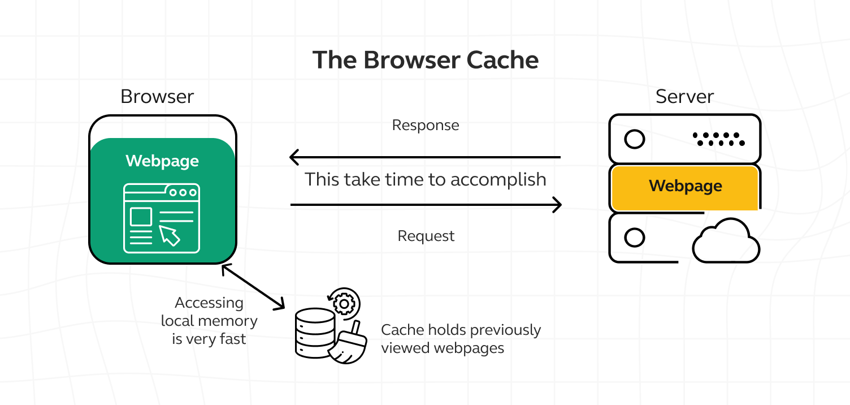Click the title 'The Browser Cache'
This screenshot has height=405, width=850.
click(x=425, y=60)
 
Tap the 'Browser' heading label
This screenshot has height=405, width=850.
click(x=157, y=96)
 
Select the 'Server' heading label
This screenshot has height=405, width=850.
click(x=684, y=96)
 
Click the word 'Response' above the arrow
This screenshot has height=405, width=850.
click(x=426, y=125)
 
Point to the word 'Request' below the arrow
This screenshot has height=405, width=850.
click(x=426, y=236)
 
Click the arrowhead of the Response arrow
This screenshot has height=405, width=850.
click(x=294, y=157)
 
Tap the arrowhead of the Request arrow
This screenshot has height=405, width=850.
click(x=557, y=205)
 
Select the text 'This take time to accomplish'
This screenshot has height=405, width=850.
click(x=426, y=179)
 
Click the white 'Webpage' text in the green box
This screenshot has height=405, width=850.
click(x=162, y=161)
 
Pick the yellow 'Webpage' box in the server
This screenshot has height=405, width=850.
click(x=685, y=187)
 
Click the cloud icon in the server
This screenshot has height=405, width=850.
click(x=726, y=242)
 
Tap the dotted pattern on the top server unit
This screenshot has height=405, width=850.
click(x=718, y=139)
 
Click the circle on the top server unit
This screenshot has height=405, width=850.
click(x=635, y=139)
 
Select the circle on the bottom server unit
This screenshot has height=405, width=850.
click(x=635, y=238)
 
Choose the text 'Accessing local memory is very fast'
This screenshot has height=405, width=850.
click(x=209, y=321)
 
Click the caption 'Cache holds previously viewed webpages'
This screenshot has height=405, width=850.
click(x=461, y=338)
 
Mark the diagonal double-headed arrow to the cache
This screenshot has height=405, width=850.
click(x=253, y=287)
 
